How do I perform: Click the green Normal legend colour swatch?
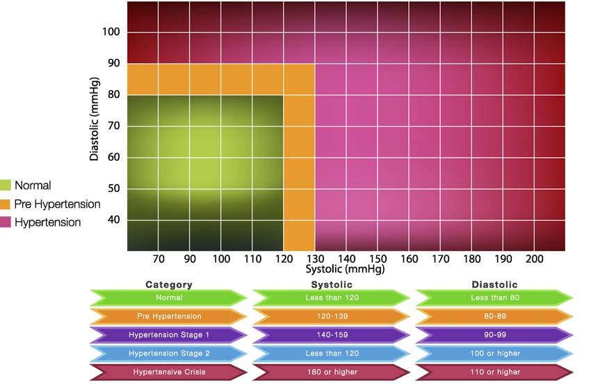coord(6,186)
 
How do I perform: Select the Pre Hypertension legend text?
coord(57,204)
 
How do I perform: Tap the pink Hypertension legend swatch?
coord(6,222)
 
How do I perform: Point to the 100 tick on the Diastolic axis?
coord(111,32)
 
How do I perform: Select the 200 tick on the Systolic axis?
coord(534,259)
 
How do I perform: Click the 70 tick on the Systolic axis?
coord(159,259)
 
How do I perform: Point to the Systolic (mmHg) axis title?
coord(345,268)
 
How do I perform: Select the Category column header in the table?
coord(168,284)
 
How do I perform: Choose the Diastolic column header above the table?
coord(494,284)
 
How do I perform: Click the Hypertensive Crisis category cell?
coord(168,372)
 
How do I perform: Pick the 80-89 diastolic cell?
coord(494,316)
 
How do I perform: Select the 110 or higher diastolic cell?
coord(494,372)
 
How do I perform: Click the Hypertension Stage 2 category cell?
coord(168,353)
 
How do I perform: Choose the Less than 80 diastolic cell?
coord(494,297)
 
